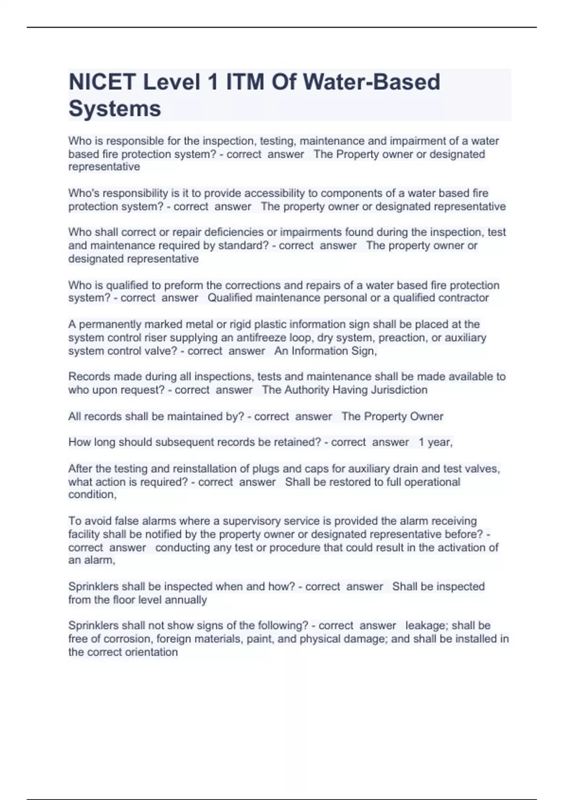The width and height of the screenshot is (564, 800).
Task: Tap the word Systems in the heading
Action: (115, 109)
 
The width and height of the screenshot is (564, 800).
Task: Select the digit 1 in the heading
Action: (212, 82)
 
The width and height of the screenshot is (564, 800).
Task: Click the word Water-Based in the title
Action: (371, 82)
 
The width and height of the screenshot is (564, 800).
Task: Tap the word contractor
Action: (463, 298)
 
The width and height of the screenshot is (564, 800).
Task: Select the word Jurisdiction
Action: (399, 390)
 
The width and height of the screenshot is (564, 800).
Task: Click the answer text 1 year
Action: (435, 442)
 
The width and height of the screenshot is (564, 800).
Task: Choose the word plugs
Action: (266, 469)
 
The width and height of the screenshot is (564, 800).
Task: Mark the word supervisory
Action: (251, 521)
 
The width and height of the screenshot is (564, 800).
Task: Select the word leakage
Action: (425, 626)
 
